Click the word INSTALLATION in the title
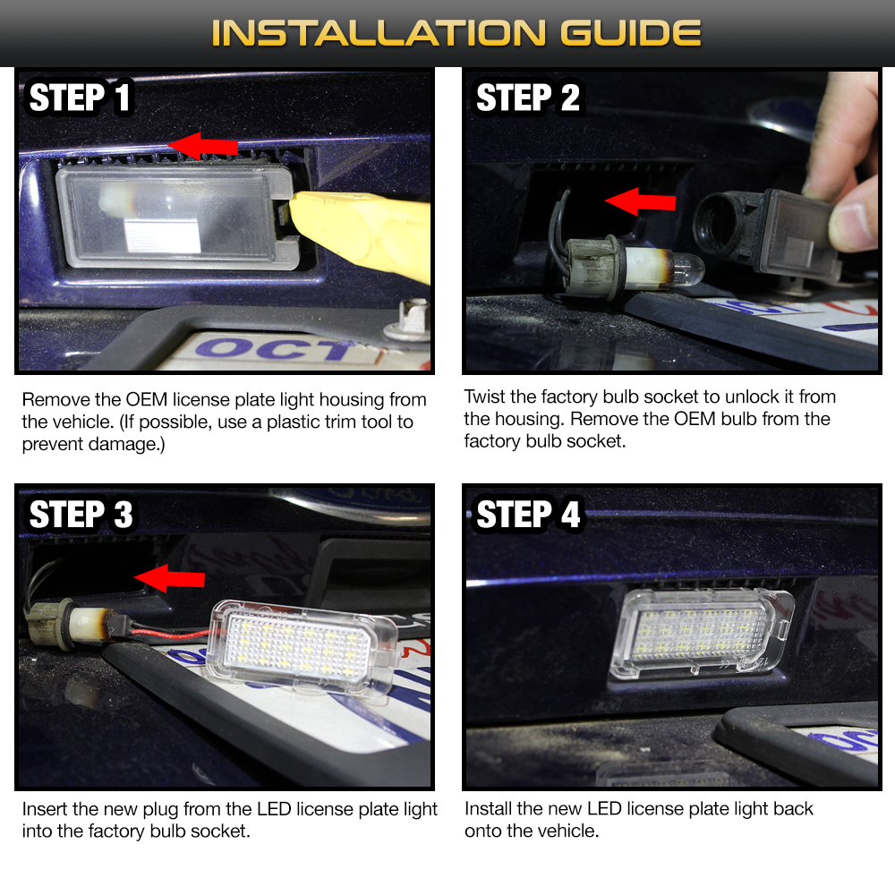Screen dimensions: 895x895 coord(379,33)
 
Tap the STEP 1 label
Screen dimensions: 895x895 coord(80,97)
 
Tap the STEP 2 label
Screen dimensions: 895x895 coord(528,97)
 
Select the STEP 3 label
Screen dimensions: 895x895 coord(81,515)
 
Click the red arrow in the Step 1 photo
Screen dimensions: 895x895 coord(203,146)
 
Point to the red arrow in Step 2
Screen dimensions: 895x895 coord(640,200)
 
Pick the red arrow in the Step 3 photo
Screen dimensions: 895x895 coord(169,578)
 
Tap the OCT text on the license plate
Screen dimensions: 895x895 coord(274,349)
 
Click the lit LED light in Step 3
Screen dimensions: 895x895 coord(303,646)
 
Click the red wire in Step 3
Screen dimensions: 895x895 coord(171,633)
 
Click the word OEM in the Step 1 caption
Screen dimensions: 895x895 coord(147,399)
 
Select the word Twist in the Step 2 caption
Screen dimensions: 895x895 coord(483,396)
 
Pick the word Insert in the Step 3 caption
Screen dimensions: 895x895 coord(45,809)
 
